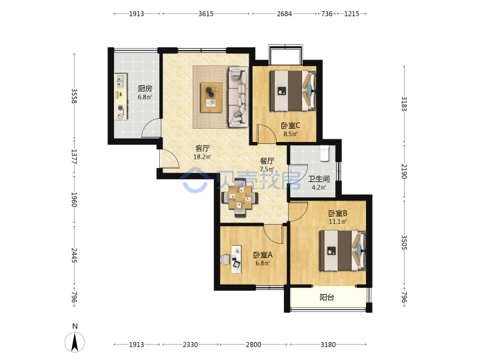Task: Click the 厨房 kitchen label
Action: pyautogui.click(x=145, y=89)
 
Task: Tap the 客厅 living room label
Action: pyautogui.click(x=203, y=149)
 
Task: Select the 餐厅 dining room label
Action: pyautogui.click(x=267, y=161)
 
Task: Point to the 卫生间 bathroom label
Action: pyautogui.click(x=319, y=179)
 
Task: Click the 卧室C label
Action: pyautogui.click(x=291, y=125)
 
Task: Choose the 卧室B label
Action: pyautogui.click(x=337, y=213)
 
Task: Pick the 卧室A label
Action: pyautogui.click(x=263, y=255)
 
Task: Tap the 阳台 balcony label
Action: pyautogui.click(x=327, y=297)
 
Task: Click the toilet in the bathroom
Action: pyautogui.click(x=324, y=153)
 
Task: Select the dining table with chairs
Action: pyautogui.click(x=240, y=198)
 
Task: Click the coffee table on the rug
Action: pyautogui.click(x=211, y=97)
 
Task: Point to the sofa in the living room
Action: pyautogui.click(x=238, y=97)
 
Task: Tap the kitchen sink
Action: pyautogui.click(x=121, y=81)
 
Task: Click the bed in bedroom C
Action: pyautogui.click(x=293, y=91)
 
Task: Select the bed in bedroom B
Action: pyautogui.click(x=343, y=251)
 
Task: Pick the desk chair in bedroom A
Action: pyautogui.click(x=225, y=259)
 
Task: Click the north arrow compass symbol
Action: pyautogui.click(x=75, y=342)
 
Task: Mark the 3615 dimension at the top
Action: pyautogui.click(x=206, y=14)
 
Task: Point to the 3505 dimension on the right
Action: pyautogui.click(x=404, y=243)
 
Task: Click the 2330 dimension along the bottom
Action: pyautogui.click(x=191, y=345)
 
